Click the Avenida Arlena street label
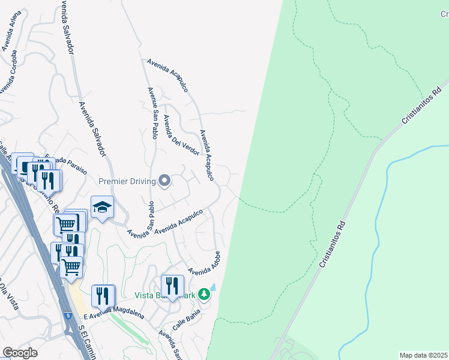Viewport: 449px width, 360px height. coord(8,31)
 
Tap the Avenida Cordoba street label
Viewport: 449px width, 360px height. coord(8,72)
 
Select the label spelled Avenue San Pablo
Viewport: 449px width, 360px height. coord(152,113)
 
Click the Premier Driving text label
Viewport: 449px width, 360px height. coord(127,180)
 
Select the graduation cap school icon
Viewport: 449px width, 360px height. coord(102,207)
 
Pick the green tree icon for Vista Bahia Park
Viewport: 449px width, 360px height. coord(204,294)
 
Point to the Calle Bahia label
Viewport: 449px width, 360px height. coord(185,318)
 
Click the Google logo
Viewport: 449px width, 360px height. coord(19,353)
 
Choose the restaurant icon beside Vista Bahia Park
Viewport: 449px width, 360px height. coord(172,286)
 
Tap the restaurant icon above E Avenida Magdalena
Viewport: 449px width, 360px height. coord(103,295)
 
